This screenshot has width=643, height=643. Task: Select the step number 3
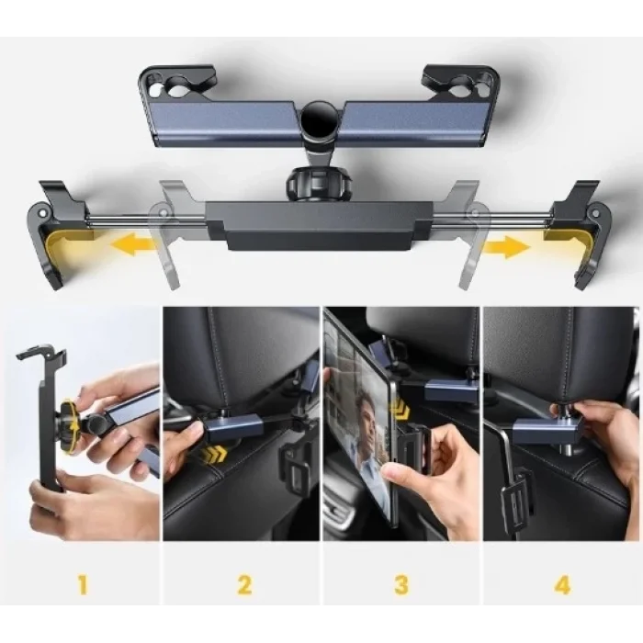pyautogui.click(x=400, y=583)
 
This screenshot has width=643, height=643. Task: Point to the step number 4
pyautogui.click(x=560, y=583)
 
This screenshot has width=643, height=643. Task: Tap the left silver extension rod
pyautogui.click(x=129, y=220)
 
